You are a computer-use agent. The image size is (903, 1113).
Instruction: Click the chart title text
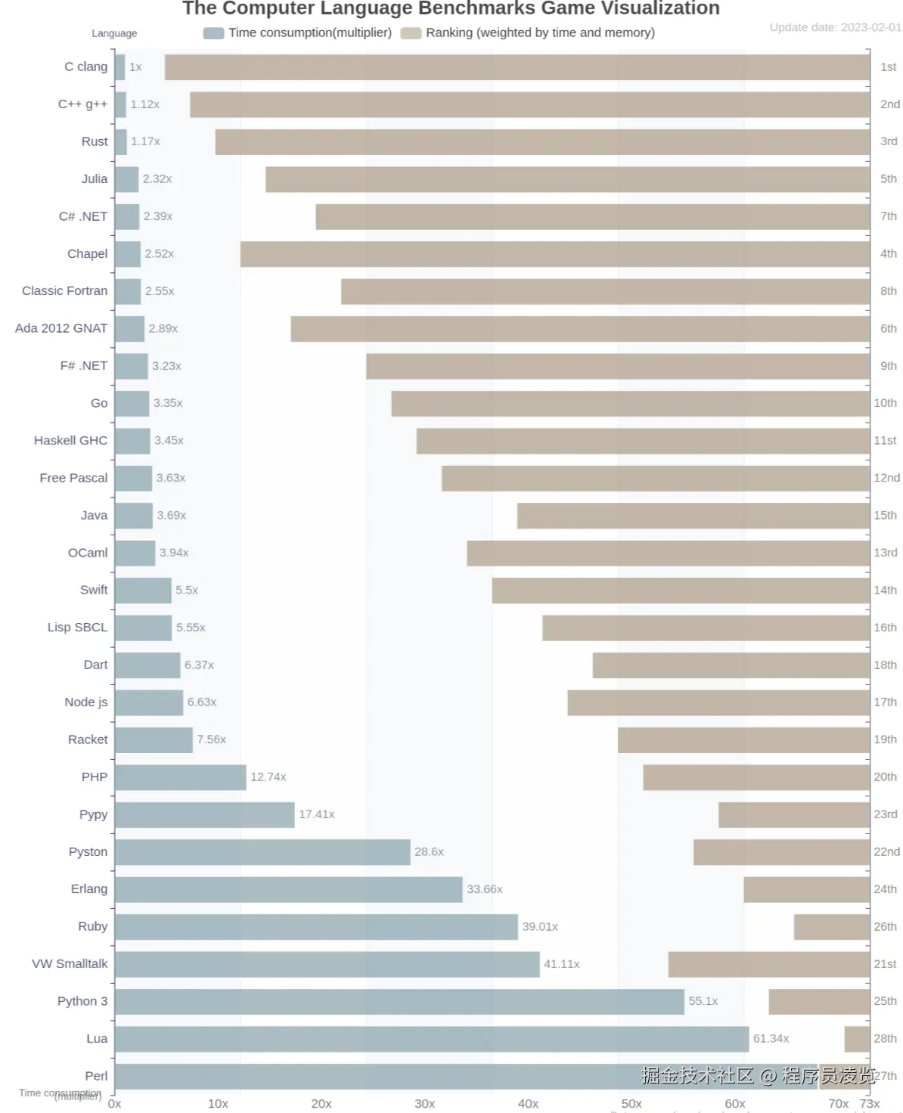(451, 9)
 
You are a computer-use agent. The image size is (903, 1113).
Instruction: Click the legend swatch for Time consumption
(214, 33)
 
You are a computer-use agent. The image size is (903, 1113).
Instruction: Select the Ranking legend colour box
(411, 33)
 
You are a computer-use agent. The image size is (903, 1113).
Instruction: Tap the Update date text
(835, 27)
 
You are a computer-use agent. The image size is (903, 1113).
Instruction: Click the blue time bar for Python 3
(399, 1002)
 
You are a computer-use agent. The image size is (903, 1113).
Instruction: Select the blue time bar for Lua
(431, 1039)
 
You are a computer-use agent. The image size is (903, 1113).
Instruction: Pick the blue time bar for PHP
(181, 777)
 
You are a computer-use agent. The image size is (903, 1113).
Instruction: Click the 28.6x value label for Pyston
(429, 852)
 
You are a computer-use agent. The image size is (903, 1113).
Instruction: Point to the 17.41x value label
(316, 814)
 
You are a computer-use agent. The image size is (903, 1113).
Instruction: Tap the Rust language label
(95, 141)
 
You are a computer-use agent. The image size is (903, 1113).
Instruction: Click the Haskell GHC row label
(70, 441)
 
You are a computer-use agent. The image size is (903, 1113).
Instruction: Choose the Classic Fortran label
(64, 291)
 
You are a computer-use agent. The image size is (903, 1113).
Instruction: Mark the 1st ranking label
(888, 67)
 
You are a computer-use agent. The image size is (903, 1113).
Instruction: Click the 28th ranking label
(885, 1039)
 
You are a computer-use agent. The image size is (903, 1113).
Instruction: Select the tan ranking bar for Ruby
(831, 927)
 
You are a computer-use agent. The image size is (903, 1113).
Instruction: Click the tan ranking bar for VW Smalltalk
(768, 964)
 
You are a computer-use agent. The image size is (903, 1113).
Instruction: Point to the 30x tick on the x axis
(424, 1104)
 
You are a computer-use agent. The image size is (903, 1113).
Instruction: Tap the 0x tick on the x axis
(115, 1104)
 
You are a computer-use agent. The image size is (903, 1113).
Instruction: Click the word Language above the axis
(114, 33)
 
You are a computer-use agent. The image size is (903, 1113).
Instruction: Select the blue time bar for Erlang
(288, 890)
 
